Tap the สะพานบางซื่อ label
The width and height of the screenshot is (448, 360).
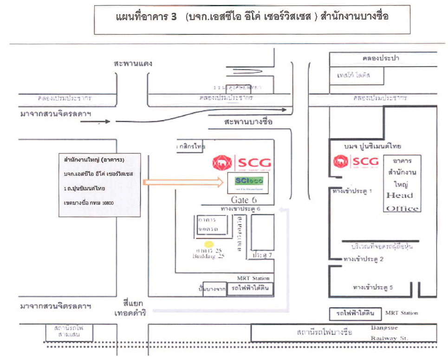point(247,122)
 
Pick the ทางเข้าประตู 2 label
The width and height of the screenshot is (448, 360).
point(363,259)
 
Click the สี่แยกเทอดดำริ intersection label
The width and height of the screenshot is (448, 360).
point(132,309)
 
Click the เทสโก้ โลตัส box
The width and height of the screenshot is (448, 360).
point(357,75)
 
